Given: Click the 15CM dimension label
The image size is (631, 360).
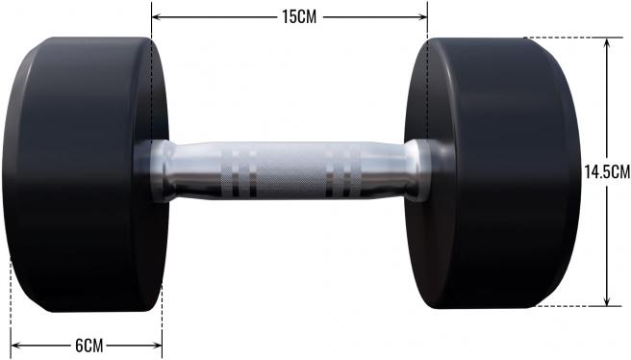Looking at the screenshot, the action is [x=299, y=17].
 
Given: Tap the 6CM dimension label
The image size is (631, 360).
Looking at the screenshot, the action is [x=89, y=346].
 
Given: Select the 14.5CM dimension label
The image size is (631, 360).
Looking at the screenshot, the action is [x=607, y=172].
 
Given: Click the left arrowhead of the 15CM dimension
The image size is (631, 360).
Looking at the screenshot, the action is [x=157, y=17].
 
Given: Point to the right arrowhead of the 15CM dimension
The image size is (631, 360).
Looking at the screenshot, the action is [x=422, y=17].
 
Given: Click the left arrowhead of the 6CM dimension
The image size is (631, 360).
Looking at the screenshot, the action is [x=16, y=346].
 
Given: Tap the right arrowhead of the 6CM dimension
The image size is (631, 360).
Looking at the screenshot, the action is [x=157, y=346].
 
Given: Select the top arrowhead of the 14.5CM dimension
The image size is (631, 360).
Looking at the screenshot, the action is [x=607, y=43].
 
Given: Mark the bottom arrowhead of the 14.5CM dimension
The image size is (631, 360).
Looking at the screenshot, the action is [x=607, y=301].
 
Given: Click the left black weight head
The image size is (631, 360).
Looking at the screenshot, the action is [x=86, y=174].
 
